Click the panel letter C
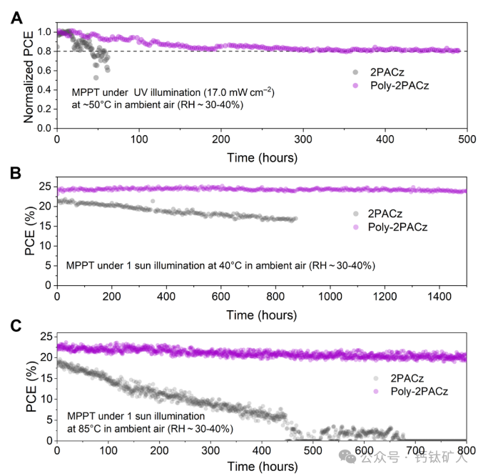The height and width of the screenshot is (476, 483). pyautogui.click(x=16, y=325)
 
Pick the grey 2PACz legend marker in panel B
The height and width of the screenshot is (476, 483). pyautogui.click(x=355, y=214)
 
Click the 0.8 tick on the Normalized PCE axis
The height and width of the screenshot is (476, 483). pyautogui.click(x=44, y=51)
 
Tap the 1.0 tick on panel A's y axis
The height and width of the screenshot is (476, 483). pyautogui.click(x=44, y=32)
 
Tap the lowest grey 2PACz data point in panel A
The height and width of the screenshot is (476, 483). pyautogui.click(x=96, y=77)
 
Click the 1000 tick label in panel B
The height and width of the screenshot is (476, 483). pyautogui.click(x=330, y=295)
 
